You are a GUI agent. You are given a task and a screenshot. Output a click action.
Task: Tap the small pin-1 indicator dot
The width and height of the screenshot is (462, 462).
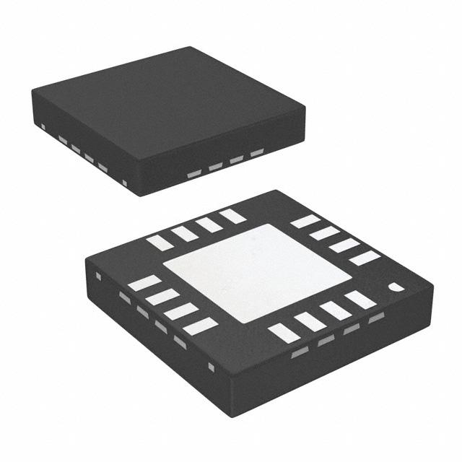coord(396,287)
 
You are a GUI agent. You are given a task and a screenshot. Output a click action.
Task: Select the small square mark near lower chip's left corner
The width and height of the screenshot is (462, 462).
coord(99,274)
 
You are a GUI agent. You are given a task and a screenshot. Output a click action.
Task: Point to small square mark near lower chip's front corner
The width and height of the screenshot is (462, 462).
coord(212,367)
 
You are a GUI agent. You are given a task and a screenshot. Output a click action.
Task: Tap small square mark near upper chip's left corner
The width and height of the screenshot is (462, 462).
coord(43,128)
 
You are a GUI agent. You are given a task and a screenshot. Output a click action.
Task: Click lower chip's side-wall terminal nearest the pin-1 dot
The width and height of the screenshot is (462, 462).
coord(375,318)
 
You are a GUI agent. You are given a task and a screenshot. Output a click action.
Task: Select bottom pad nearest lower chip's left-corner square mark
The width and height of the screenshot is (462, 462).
coord(144,283)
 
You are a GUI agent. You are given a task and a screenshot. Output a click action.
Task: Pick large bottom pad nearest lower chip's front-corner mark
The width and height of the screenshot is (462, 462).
coord(284,333)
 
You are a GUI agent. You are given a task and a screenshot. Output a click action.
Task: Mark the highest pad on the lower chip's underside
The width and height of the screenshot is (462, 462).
coord(232,215)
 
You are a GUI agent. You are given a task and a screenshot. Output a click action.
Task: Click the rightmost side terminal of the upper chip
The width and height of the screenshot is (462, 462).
coord(257,153)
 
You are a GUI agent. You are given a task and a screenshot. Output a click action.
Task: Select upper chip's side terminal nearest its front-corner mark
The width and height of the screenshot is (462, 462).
coord(103,168)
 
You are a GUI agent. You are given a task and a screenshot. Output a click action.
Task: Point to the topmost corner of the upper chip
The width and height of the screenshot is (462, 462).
coord(191,48)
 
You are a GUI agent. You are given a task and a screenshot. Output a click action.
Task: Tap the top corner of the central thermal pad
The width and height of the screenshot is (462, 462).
coord(269,225)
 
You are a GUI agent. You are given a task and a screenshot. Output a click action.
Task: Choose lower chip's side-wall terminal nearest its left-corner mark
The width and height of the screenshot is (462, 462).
coord(124,297)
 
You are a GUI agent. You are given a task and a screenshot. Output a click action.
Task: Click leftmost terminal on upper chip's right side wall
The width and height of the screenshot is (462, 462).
coord(193,174)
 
